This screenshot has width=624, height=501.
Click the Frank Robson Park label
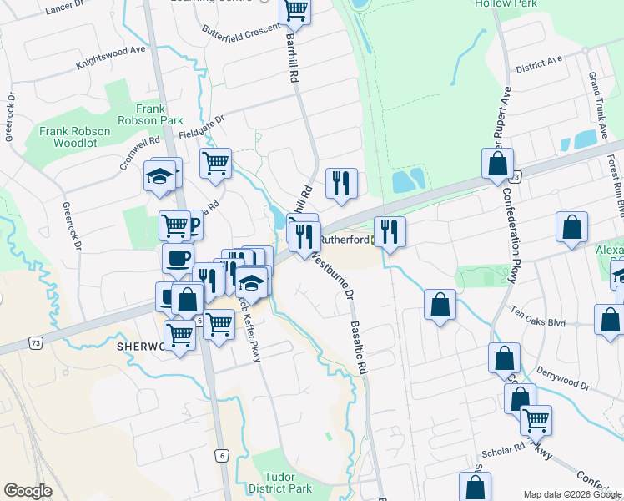(x=159, y=114)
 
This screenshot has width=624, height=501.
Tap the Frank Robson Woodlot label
(x=74, y=138)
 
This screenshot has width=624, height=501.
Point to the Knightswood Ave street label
(x=110, y=57)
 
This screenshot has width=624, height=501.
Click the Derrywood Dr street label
(x=563, y=379)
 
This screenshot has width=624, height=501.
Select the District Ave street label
(x=539, y=65)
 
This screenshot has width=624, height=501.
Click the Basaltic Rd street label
(x=360, y=347)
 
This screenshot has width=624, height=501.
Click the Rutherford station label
(x=341, y=240)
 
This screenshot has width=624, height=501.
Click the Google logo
(x=28, y=490)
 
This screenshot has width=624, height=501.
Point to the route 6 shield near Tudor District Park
(x=220, y=455)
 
